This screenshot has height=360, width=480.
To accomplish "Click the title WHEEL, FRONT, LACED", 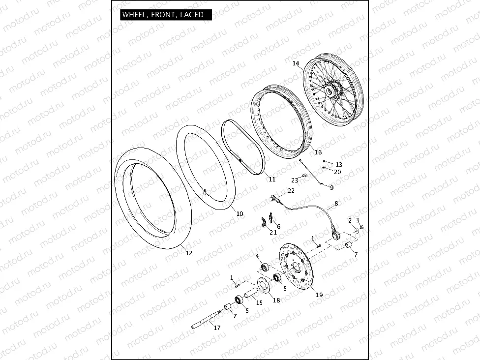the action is [163, 15].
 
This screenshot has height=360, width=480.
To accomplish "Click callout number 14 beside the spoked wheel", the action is [296, 63].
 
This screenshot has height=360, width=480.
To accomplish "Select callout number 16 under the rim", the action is [318, 152].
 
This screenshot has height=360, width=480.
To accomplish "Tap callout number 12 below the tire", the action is [189, 253].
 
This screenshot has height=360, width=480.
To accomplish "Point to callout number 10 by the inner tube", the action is [240, 213].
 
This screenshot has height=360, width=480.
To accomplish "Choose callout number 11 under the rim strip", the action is [272, 180].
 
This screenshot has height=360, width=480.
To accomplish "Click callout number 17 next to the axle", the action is [217, 328].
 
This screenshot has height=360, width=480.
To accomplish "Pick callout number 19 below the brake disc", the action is [319, 295].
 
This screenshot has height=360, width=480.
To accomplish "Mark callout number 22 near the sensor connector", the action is [291, 191].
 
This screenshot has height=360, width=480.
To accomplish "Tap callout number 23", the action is [295, 180].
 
